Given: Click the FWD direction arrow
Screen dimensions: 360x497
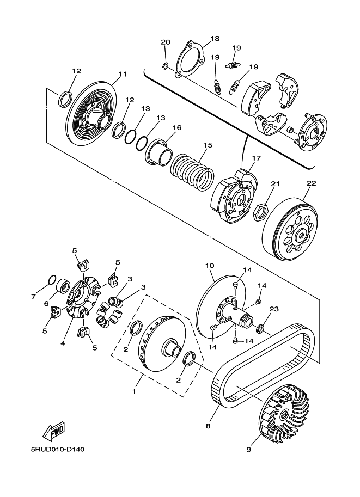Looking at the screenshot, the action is click(53, 431).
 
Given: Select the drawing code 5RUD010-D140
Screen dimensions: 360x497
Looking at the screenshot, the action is click(57, 450).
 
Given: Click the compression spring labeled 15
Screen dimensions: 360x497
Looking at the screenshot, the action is click(192, 170).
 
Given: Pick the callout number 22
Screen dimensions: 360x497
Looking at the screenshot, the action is click(311, 183).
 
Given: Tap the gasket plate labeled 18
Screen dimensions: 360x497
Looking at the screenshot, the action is click(189, 59).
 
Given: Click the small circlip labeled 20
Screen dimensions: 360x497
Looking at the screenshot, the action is click(164, 66).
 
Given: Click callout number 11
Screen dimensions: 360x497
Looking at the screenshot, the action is click(123, 74).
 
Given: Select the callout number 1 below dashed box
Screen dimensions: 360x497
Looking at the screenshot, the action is click(134, 391).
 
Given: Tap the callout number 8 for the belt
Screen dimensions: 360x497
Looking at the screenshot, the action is click(208, 426).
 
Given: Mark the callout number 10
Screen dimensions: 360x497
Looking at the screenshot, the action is click(210, 266).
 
